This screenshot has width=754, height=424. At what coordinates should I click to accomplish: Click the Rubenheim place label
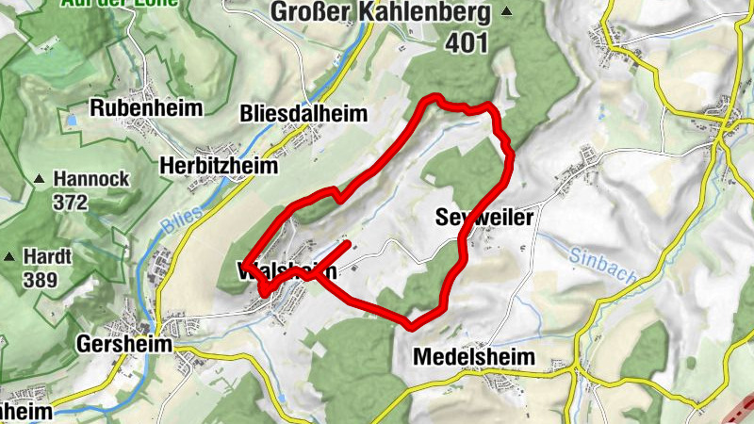click(x=146, y=108)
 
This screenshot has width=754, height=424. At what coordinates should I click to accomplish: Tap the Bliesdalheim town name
click(x=302, y=114)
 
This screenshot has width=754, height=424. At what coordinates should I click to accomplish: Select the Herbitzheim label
click(x=220, y=166)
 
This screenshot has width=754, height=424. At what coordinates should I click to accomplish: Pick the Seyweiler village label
click(x=485, y=218)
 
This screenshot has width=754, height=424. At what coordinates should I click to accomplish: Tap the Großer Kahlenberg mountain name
click(x=381, y=12)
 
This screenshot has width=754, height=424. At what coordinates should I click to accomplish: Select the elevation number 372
click(x=71, y=202)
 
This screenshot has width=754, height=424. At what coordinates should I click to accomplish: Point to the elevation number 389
click(x=39, y=280)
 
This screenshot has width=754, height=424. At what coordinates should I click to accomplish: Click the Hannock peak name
click(x=90, y=178)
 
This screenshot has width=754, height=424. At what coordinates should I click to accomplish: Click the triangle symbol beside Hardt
click(x=10, y=256)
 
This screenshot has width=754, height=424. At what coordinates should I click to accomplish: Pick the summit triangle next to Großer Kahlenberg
click(x=507, y=12)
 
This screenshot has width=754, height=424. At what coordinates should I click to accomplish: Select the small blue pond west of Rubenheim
click(x=71, y=121)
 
